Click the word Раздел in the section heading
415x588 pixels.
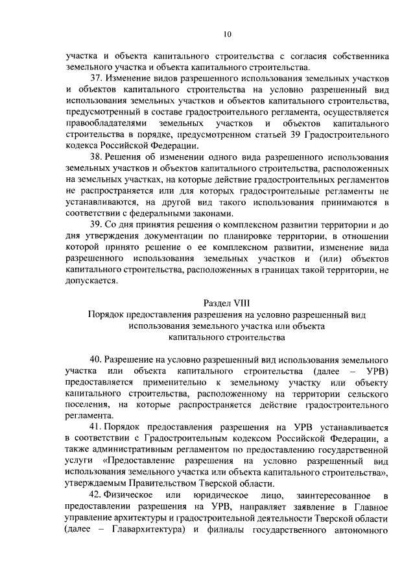(x=217, y=303)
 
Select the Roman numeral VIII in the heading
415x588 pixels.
(x=241, y=303)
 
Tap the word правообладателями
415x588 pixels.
(x=102, y=123)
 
